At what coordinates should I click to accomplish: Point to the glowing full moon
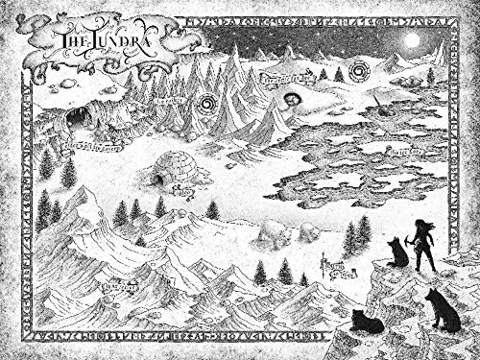pos(413,41)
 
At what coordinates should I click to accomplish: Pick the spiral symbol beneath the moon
pos(359,70)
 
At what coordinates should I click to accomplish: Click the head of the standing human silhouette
pos(423,225)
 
